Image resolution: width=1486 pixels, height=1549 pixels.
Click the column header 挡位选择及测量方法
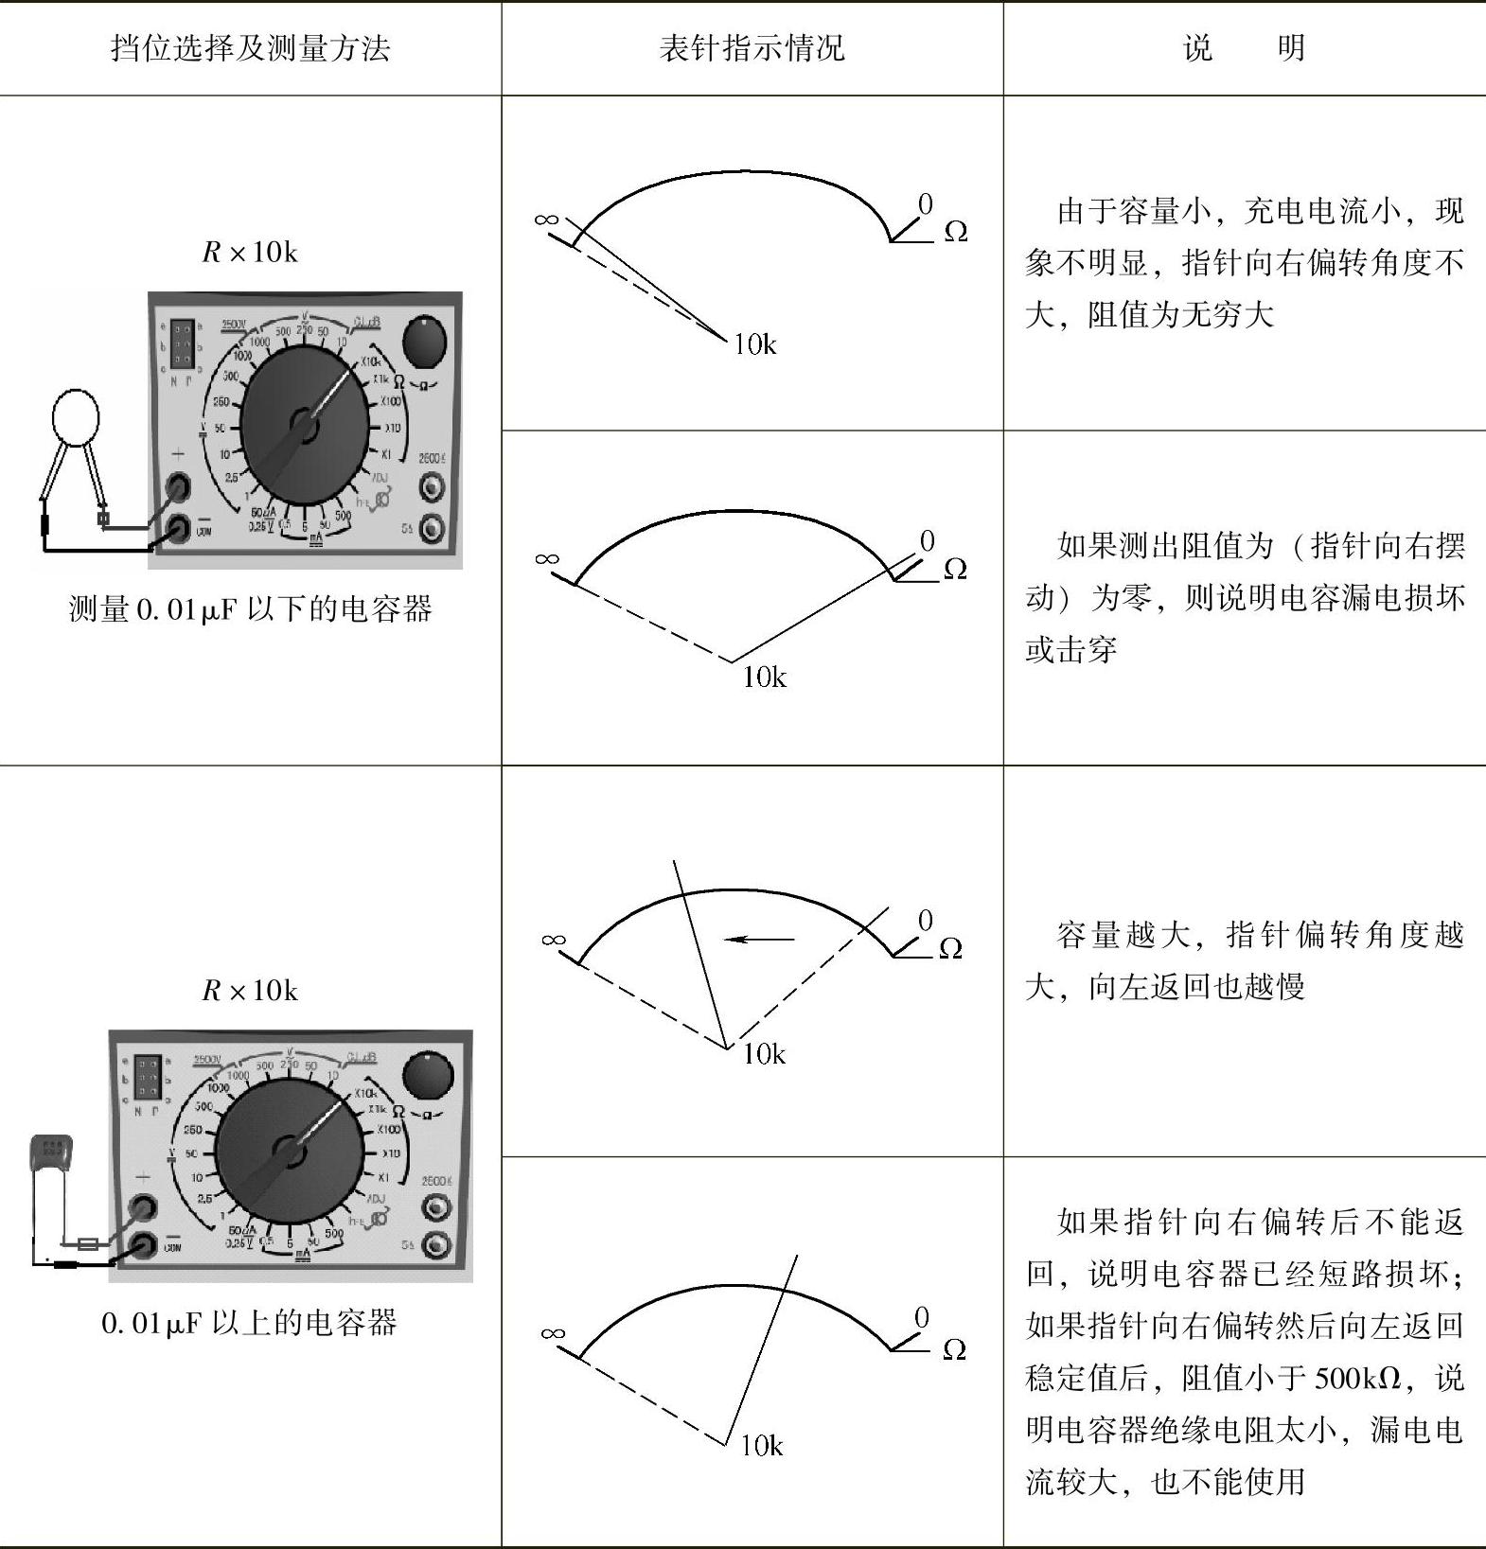(x=250, y=47)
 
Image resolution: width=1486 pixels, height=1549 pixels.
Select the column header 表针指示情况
(x=752, y=47)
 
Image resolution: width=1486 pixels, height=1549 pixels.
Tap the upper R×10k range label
(x=250, y=252)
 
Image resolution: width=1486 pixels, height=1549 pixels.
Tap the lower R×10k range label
(x=250, y=991)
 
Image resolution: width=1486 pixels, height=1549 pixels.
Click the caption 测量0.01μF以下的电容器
(x=250, y=608)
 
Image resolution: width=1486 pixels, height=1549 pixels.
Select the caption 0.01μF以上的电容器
(x=249, y=1322)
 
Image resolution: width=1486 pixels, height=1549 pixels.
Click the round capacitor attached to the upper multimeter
(x=76, y=417)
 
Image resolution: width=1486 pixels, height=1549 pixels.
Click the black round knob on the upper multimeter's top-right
(x=423, y=343)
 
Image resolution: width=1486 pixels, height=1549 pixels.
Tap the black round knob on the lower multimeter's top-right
(x=428, y=1078)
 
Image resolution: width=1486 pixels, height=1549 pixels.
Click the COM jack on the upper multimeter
(x=178, y=530)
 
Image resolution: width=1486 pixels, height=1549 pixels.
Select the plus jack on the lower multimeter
(x=144, y=1207)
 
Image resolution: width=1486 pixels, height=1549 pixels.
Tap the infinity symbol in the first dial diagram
(x=546, y=220)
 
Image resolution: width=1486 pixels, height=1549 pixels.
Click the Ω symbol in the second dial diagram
(x=955, y=569)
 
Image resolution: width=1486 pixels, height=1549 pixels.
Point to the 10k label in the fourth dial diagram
(x=762, y=1445)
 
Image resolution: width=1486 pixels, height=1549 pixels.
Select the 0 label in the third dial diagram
(x=925, y=920)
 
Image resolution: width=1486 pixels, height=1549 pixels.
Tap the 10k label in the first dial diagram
(x=755, y=344)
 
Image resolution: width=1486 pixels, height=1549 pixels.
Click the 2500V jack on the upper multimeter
(x=432, y=487)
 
